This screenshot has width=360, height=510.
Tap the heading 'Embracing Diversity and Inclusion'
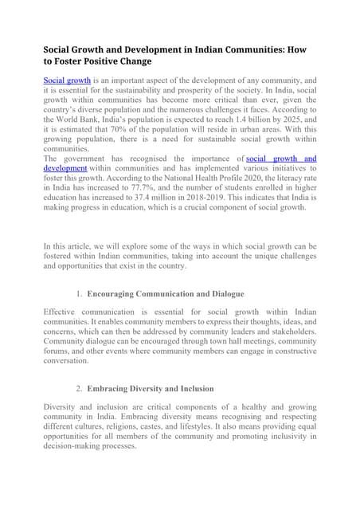point(151,389)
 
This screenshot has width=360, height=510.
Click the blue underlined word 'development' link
point(65,170)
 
